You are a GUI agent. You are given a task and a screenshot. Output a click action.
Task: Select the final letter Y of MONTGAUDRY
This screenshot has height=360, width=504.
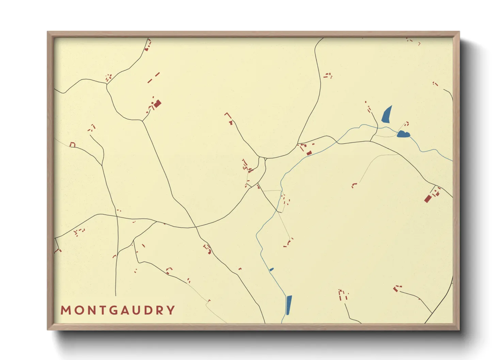[171, 310]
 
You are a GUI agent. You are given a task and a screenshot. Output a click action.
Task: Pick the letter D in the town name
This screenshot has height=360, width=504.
[147, 310]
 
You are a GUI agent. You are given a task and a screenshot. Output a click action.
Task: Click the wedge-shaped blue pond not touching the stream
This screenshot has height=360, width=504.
[387, 115]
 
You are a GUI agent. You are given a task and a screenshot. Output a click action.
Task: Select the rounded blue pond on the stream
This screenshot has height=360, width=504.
[403, 134]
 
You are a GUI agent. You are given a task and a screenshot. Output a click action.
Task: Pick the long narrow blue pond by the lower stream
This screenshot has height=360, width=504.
[289, 305]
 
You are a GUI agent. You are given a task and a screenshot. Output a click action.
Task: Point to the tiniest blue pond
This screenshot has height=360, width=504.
[271, 269]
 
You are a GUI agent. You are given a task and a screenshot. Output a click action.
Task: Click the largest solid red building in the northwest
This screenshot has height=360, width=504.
[157, 104]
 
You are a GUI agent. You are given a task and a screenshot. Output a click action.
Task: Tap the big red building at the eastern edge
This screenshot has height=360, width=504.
[428, 198]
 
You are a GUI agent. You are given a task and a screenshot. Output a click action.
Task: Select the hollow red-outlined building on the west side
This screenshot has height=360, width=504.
[72, 145]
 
